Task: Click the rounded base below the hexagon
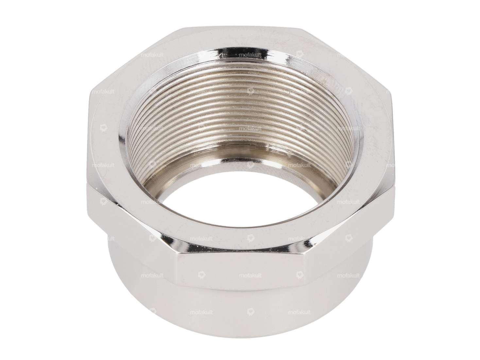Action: click(x=242, y=314)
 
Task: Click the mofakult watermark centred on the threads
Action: click(x=250, y=129)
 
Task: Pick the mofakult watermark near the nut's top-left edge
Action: click(x=152, y=56)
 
